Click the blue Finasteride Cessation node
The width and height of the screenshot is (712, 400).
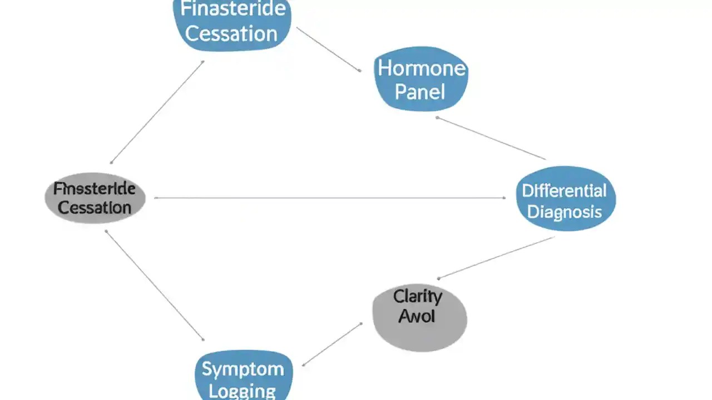[x=232, y=22]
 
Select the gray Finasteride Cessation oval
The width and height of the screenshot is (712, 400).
[x=95, y=198]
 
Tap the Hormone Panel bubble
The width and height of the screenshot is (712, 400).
[x=421, y=79]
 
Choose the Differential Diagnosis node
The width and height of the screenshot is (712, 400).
[x=565, y=198]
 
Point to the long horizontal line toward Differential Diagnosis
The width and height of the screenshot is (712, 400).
[x=328, y=198]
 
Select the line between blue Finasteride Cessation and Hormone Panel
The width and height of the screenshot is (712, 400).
[x=328, y=49]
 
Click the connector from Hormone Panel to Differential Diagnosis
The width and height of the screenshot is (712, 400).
[x=491, y=138]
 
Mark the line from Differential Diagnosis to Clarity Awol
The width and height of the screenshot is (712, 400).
[x=496, y=257]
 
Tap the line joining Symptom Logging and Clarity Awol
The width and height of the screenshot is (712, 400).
[x=332, y=344]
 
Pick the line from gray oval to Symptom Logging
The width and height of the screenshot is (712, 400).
[x=154, y=285]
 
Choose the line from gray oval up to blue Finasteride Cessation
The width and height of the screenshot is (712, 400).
[x=157, y=112]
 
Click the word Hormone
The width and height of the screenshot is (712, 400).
[x=421, y=68]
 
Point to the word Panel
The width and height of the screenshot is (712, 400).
[x=420, y=91]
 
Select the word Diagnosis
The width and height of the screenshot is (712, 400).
[x=565, y=211]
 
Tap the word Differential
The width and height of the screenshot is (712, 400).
[x=564, y=191]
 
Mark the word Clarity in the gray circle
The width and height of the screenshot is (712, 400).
[x=417, y=297]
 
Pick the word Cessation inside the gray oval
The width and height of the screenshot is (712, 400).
[x=95, y=208]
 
